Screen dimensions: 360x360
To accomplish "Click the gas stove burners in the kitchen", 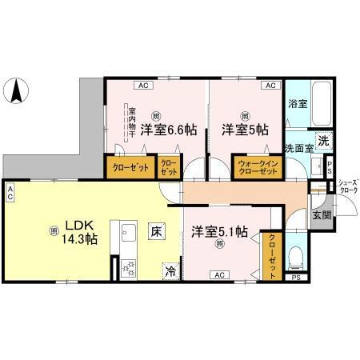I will [129, 269].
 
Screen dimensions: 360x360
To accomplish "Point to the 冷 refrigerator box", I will [170, 271].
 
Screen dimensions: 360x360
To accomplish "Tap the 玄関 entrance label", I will [321, 216].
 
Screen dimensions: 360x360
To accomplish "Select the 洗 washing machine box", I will [323, 142].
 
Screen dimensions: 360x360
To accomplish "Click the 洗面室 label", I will [298, 149].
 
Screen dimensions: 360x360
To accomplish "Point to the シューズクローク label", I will [347, 186].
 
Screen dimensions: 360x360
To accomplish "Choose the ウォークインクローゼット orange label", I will [255, 169].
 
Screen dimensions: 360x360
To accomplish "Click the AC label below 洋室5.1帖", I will [218, 274].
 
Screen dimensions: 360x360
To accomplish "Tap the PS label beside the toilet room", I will [296, 278].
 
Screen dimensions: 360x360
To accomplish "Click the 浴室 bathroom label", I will [297, 104].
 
